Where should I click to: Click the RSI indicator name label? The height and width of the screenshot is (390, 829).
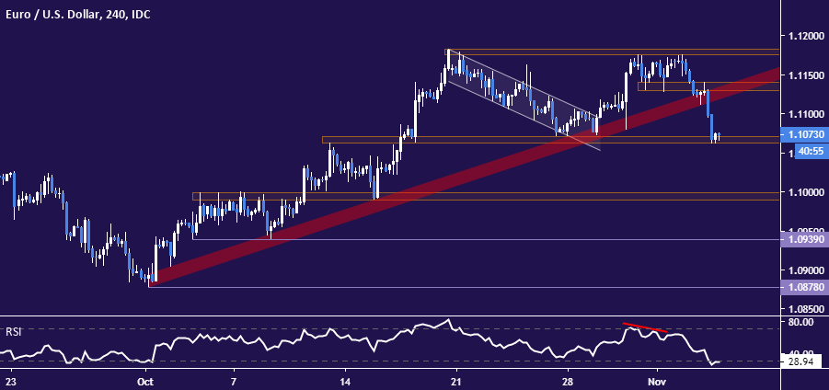coord(12,331)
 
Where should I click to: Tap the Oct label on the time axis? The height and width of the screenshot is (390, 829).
coord(145,381)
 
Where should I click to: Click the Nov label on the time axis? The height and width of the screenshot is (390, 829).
coord(656,381)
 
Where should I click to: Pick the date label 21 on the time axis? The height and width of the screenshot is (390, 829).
coord(455,381)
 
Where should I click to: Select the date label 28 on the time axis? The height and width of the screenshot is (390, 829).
coord(568,381)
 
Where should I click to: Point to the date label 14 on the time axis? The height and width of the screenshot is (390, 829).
coord(344,381)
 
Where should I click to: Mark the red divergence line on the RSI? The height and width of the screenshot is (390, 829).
coord(645,327)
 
